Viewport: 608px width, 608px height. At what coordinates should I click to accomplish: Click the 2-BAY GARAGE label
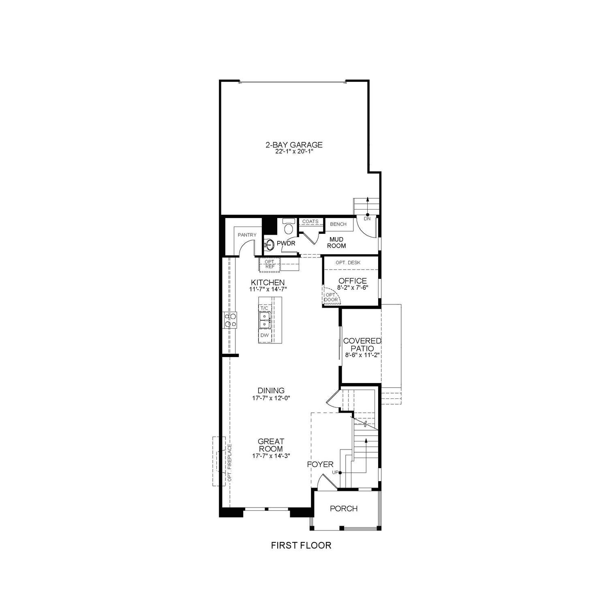tap(294, 145)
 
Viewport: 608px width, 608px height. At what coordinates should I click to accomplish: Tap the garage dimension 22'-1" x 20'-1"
tap(294, 152)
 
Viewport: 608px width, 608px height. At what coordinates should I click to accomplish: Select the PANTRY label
tap(247, 235)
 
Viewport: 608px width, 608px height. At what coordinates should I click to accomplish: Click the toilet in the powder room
tap(289, 228)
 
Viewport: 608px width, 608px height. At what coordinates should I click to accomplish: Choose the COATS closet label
tap(310, 221)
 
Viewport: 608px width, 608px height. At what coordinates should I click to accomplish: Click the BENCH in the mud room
tap(338, 224)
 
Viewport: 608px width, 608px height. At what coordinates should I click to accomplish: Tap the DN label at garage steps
tap(367, 219)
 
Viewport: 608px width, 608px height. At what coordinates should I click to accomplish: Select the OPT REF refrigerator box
tap(270, 264)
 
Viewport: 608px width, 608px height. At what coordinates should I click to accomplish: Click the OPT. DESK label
tap(348, 263)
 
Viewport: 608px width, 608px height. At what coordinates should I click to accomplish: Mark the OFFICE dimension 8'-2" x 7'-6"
tap(352, 287)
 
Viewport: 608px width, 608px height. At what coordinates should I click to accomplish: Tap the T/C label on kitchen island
tap(264, 308)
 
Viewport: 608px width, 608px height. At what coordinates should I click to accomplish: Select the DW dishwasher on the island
tap(264, 335)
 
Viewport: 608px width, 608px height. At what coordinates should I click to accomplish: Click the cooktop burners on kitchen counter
tap(229, 320)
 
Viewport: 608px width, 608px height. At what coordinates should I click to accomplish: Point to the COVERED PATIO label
tap(362, 345)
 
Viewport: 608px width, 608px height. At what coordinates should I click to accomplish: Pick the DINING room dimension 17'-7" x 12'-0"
tap(271, 398)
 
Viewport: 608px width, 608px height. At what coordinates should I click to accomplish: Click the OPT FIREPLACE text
tap(229, 462)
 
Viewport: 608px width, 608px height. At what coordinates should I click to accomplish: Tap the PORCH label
tap(344, 508)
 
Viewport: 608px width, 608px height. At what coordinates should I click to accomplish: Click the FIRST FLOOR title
tap(301, 546)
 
